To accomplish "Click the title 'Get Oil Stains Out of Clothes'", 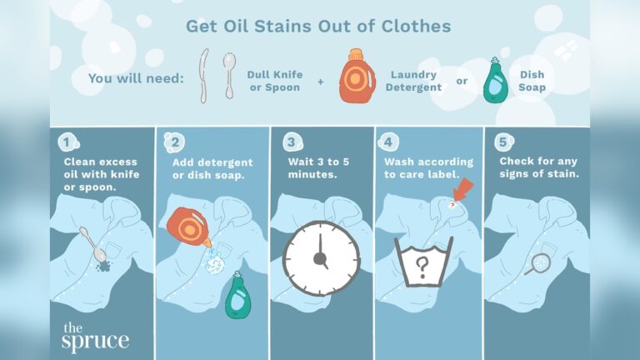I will point(318,27).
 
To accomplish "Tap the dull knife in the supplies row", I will point(202,75).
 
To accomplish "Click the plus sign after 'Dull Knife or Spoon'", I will point(319,82).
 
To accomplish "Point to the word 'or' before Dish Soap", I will point(461,81).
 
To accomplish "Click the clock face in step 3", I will point(321,258).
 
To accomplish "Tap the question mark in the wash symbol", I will point(422,267).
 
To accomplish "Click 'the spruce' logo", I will point(94,335).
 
